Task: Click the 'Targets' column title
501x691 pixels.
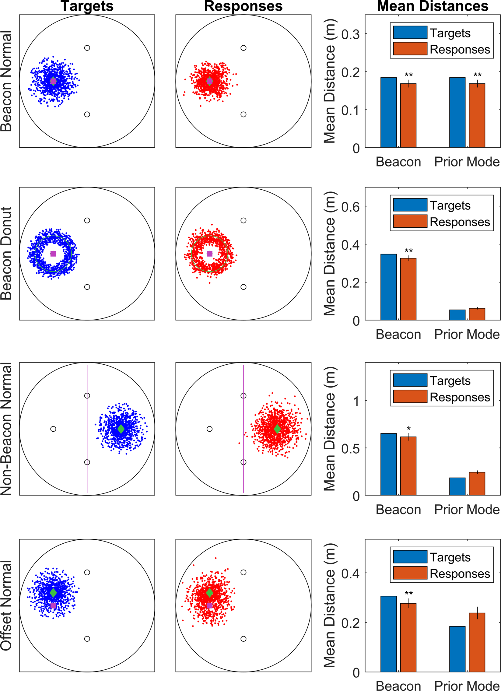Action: point(87,6)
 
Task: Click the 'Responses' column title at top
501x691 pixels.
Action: point(243,6)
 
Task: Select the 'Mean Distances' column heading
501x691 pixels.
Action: point(433,6)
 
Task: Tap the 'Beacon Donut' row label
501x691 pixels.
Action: point(6,254)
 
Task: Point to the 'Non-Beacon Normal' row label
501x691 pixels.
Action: point(6,429)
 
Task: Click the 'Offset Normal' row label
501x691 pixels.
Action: point(6,605)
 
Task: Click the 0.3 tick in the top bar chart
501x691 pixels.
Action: point(350,34)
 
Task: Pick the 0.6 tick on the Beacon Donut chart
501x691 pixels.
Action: point(350,207)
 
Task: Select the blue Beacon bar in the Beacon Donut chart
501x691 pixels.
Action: point(389,287)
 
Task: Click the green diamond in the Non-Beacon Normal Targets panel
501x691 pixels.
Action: point(121,429)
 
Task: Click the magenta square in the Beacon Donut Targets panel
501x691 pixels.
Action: point(53,254)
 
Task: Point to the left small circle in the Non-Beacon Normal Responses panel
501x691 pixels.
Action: point(209,429)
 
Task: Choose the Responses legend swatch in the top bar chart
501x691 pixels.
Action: point(410,49)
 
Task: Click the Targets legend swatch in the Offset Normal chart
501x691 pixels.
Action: point(410,557)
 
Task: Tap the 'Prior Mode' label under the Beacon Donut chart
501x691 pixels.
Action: point(467,335)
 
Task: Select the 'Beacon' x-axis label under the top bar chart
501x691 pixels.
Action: point(398,162)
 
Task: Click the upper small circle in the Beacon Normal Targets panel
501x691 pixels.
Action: point(87,48)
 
